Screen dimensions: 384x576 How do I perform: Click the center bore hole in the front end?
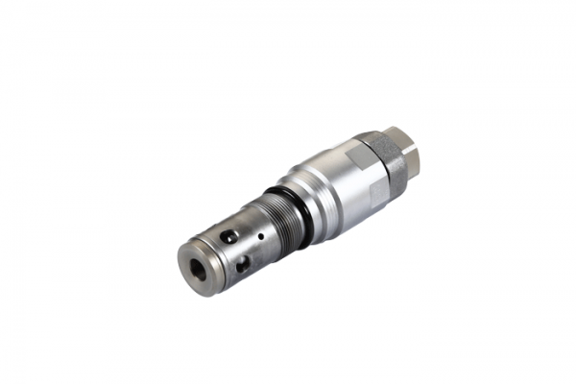197,267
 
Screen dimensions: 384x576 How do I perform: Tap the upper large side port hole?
228,236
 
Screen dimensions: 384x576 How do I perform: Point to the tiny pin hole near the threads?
260,234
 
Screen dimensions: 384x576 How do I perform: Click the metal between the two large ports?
236,249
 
